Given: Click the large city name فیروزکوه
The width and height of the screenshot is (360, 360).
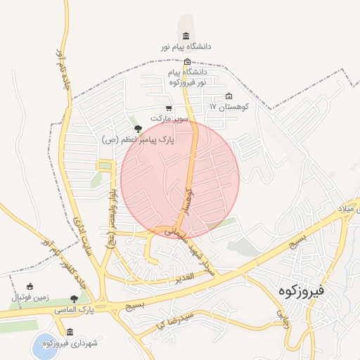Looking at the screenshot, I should pyautogui.click(x=299, y=289).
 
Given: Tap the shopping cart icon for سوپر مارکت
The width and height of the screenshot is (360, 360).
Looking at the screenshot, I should pyautogui.click(x=168, y=108).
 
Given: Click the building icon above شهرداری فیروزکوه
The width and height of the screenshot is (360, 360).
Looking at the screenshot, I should pyautogui.click(x=69, y=332).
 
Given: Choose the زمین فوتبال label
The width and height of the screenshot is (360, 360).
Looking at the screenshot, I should pyautogui.click(x=29, y=297).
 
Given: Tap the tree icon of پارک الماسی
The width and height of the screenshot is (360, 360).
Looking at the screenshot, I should pyautogui.click(x=75, y=300).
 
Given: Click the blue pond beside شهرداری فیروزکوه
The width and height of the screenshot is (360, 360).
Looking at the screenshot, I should pyautogui.click(x=44, y=346).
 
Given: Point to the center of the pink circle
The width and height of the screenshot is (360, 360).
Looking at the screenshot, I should pyautogui.click(x=180, y=180).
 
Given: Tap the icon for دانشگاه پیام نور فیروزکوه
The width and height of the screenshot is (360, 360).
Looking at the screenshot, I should pyautogui.click(x=187, y=61).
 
